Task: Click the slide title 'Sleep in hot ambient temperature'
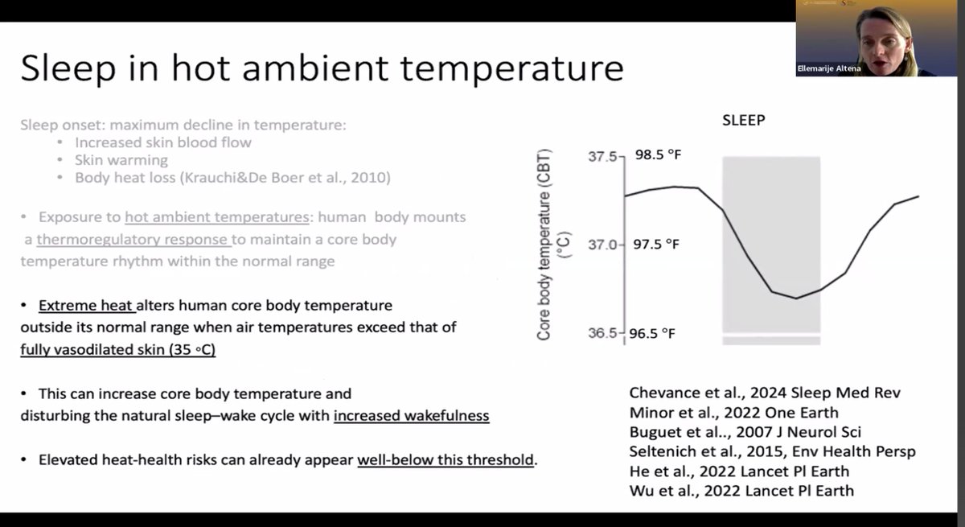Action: tap(322, 68)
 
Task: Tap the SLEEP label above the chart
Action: tap(742, 120)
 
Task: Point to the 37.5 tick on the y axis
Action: tap(605, 156)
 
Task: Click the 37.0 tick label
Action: tap(605, 245)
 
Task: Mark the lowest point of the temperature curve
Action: tap(796, 298)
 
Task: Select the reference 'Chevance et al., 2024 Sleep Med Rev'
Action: tap(765, 393)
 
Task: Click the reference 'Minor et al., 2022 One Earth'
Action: tap(730, 413)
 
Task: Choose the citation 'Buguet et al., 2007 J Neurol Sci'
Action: tap(745, 432)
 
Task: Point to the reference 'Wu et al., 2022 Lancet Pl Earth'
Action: tap(741, 490)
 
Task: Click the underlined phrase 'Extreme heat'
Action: tap(87, 307)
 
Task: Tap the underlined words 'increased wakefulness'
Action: tap(411, 416)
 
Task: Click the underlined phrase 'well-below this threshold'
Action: tap(446, 460)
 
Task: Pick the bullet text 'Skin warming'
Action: tap(121, 160)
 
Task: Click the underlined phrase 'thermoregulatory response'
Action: tap(133, 240)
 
